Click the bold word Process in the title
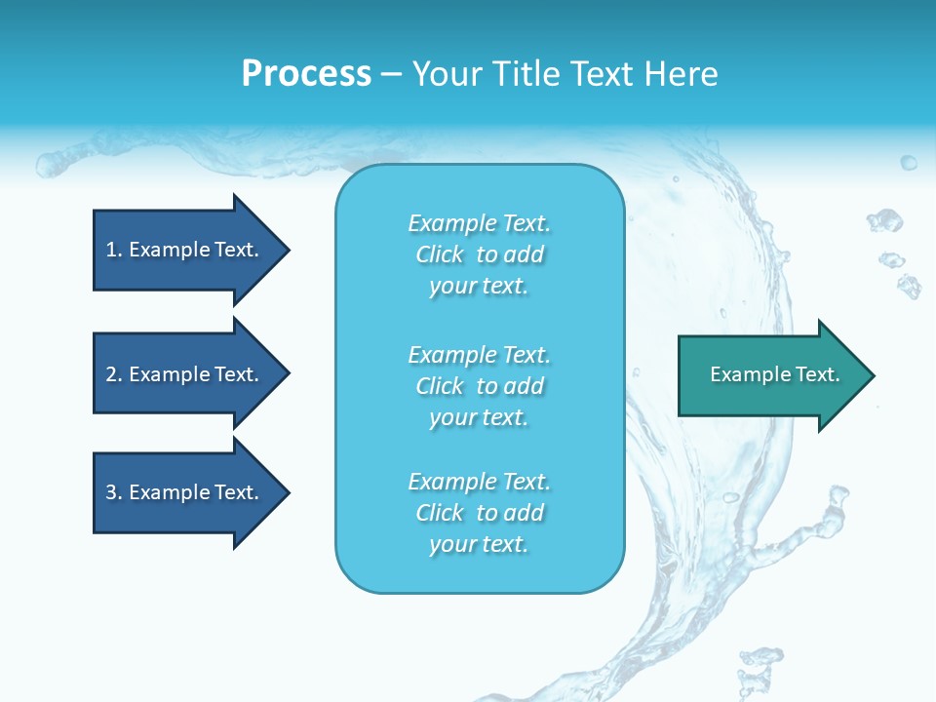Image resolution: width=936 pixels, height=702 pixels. (306, 74)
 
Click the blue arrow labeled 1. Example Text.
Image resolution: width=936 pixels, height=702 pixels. (185, 250)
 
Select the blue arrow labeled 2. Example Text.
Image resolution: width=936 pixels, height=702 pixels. (185, 374)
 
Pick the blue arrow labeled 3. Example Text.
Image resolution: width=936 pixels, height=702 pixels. (185, 492)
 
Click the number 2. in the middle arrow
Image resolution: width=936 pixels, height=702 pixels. (113, 374)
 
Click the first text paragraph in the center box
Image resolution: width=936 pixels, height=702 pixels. (479, 254)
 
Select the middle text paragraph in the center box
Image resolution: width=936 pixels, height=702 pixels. (479, 386)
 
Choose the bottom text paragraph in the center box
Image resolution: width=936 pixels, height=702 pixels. (479, 513)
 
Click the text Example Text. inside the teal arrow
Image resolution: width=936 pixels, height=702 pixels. (774, 374)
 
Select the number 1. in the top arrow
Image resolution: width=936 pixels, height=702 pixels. (113, 250)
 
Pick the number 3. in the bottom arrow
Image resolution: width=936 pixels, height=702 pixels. (113, 492)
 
